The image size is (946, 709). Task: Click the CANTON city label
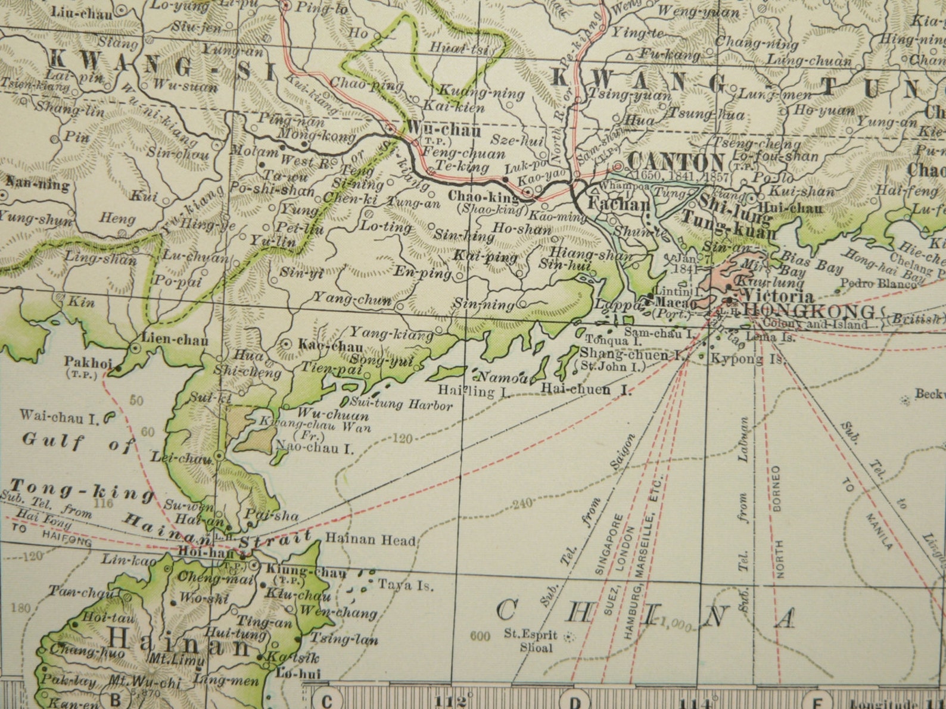pyautogui.click(x=676, y=163)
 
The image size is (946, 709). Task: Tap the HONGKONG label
pyautogui.click(x=810, y=311)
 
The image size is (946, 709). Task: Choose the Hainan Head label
pyautogui.click(x=370, y=541)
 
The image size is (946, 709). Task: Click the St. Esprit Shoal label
pyautogui.click(x=530, y=641)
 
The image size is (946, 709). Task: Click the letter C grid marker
pyautogui.click(x=326, y=701)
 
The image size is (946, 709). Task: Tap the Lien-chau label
pyautogui.click(x=175, y=340)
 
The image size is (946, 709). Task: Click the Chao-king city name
pyautogui.click(x=484, y=196)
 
